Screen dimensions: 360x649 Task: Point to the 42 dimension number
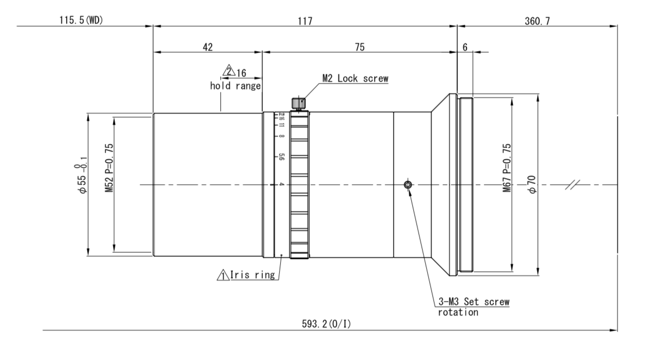coord(207,46)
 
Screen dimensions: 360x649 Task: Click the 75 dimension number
coord(360,46)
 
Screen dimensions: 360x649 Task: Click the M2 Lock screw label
coord(355,78)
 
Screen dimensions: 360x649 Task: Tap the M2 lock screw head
coord(298,103)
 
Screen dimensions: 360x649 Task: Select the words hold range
coord(234,86)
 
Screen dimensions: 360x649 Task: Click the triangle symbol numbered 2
coord(228,71)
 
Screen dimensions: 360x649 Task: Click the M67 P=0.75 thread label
coord(506,168)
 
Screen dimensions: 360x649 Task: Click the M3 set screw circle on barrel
coord(409,185)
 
